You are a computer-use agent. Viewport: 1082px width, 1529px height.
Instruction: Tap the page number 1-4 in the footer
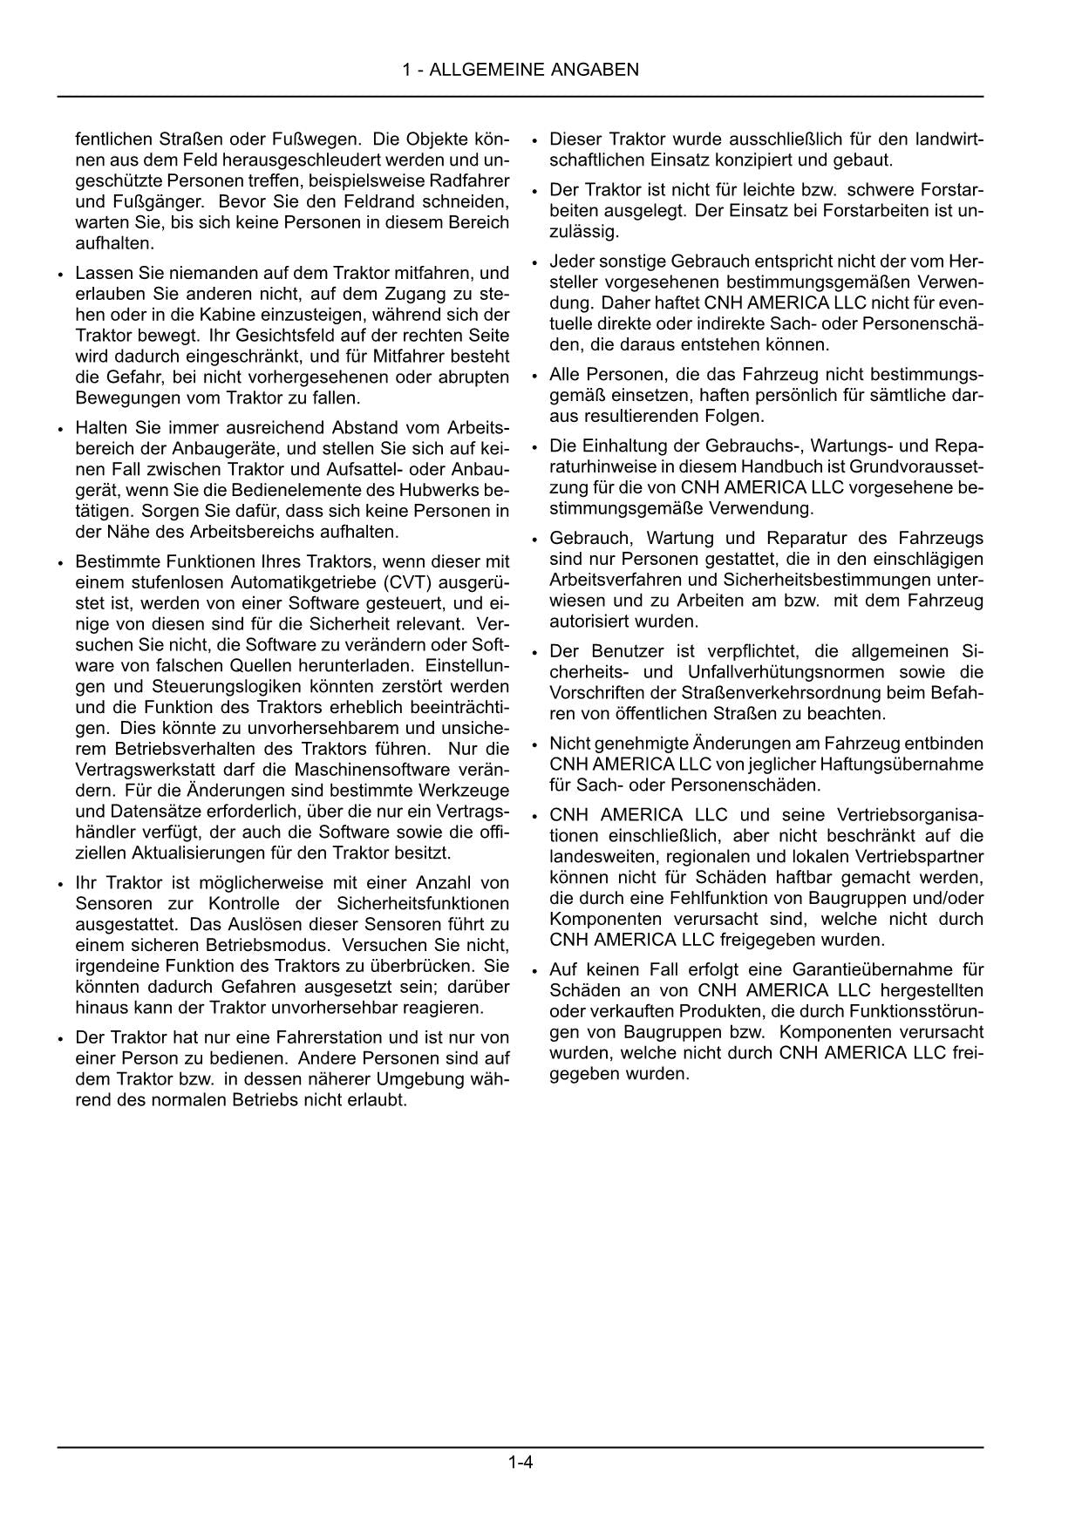click(521, 1462)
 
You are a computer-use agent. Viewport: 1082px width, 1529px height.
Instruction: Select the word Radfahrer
click(470, 180)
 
